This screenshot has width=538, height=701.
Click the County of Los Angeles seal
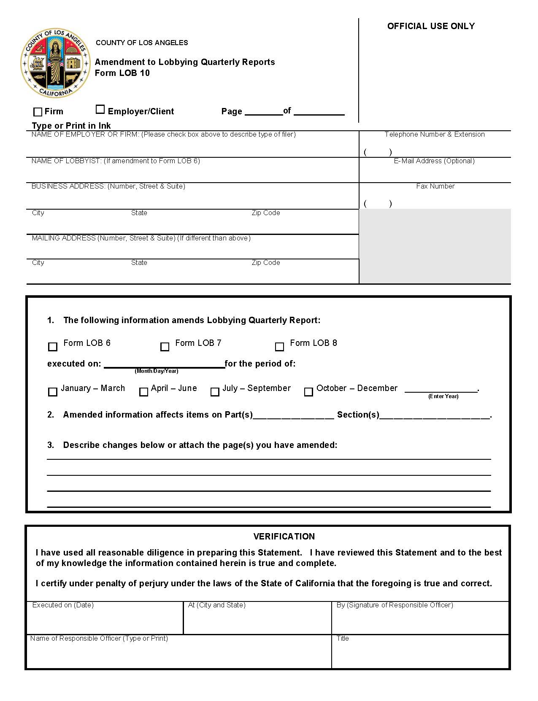tap(56, 63)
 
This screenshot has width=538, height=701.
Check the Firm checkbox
tap(38, 112)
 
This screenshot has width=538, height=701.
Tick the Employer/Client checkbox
tap(100, 109)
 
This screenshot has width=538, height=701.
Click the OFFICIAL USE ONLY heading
tap(431, 26)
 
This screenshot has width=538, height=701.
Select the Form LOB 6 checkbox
tap(53, 347)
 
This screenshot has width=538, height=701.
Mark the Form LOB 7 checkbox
tap(165, 347)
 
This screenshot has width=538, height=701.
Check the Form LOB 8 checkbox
tap(279, 347)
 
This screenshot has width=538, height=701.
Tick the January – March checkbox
tap(53, 392)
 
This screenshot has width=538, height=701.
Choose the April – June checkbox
tap(144, 392)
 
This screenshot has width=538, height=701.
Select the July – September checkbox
tap(215, 392)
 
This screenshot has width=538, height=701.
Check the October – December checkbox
tap(308, 392)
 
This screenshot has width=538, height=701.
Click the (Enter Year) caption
tap(443, 396)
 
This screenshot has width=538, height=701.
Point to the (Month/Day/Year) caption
tap(157, 371)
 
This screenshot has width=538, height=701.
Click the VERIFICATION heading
tap(284, 537)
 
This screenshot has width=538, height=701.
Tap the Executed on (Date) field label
tap(63, 605)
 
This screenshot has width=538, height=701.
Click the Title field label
tap(343, 638)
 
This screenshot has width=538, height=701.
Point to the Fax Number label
tap(435, 186)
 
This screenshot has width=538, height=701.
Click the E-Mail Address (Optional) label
tap(434, 161)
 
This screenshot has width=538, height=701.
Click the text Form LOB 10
tap(122, 73)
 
